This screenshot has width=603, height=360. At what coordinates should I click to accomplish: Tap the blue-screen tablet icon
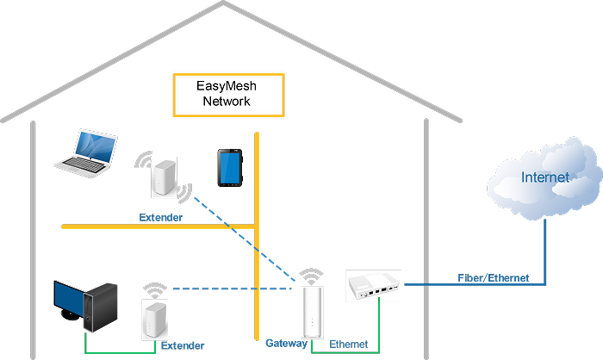[x=229, y=168]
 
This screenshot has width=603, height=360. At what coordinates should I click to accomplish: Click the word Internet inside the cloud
[x=544, y=178]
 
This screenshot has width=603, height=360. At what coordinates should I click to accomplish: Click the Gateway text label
[x=286, y=343]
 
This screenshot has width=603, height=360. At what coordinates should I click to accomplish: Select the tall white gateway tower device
[x=311, y=312]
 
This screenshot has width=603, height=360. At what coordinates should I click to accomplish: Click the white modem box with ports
[x=373, y=286]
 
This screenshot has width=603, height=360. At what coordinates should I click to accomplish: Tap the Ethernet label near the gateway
[x=349, y=344]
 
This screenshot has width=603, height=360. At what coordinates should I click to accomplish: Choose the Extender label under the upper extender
[x=161, y=218]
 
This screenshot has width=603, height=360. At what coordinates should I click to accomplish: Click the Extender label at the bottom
[x=183, y=345]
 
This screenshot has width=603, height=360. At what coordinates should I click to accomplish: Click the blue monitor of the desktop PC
[x=69, y=298]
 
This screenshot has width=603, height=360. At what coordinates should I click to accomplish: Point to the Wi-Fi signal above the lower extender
[x=154, y=289]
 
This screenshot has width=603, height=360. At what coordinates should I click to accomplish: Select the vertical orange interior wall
[x=257, y=233]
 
